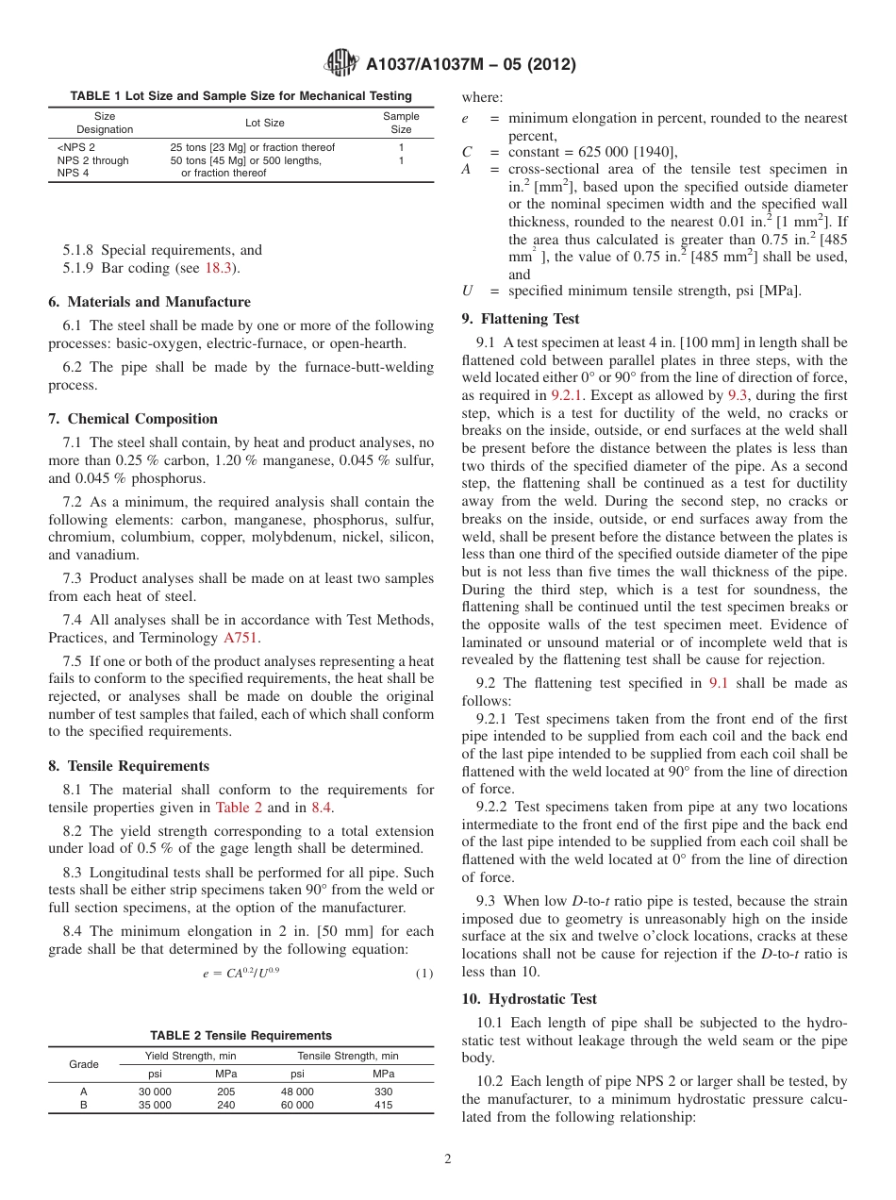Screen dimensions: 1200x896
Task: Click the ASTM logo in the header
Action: [x=340, y=64]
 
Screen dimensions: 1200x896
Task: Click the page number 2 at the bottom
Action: [x=448, y=1159]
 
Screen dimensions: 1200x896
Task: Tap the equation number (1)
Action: [x=424, y=974]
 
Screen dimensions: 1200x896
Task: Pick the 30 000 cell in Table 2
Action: [x=155, y=1092]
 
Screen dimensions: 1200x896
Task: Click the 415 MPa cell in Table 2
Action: [x=383, y=1105]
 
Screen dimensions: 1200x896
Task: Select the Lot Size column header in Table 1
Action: [x=265, y=123]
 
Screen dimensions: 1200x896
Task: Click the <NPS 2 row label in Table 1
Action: [x=76, y=147]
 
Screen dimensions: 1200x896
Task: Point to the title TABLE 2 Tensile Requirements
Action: [x=241, y=1035]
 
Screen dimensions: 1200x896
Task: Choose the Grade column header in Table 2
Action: [x=84, y=1064]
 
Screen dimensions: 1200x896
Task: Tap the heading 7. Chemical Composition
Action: [x=133, y=419]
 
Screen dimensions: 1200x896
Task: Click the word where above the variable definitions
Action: [x=482, y=97]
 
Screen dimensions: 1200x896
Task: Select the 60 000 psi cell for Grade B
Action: [x=297, y=1105]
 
